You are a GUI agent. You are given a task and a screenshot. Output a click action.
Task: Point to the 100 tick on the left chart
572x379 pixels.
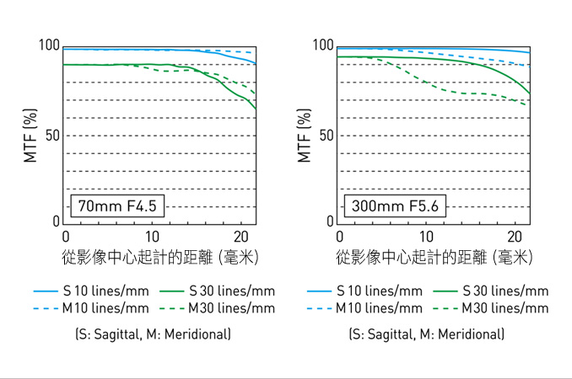(x=50, y=46)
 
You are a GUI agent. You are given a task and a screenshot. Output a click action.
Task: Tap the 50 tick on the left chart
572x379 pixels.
(x=53, y=136)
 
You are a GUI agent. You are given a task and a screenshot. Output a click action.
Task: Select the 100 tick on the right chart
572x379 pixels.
(x=324, y=46)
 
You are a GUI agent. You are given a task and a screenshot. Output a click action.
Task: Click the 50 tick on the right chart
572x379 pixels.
(x=327, y=136)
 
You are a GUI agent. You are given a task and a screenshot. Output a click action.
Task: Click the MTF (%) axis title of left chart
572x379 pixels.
(x=30, y=135)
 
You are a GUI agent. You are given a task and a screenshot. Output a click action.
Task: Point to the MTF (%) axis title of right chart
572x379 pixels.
(x=305, y=135)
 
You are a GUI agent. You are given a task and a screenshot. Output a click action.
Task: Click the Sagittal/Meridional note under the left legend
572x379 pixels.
(x=153, y=334)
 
